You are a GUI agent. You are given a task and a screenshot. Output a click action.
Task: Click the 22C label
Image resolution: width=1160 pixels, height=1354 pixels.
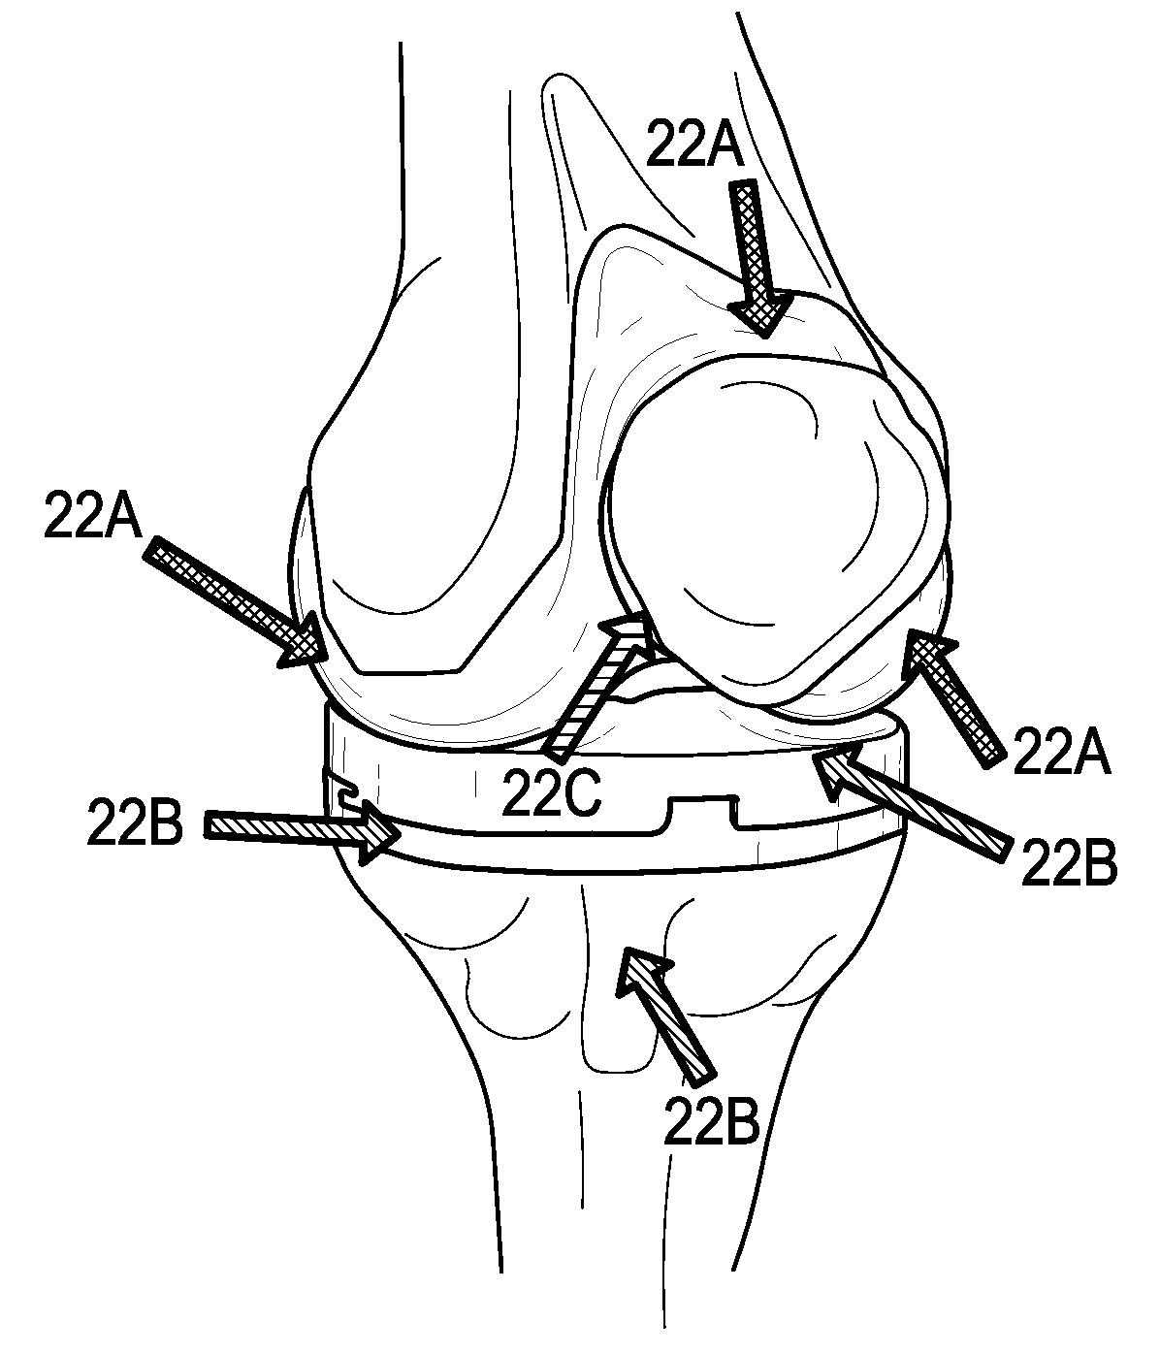point(552,791)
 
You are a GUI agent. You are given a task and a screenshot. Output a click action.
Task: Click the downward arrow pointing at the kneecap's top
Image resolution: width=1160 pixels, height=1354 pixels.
point(757,257)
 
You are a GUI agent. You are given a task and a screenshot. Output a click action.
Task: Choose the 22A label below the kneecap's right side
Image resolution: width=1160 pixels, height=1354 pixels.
point(1060,752)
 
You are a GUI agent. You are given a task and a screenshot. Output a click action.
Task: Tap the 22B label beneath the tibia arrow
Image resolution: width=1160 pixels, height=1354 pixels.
point(710,1122)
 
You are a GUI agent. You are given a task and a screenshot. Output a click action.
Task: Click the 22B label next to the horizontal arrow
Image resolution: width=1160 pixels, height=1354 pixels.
point(135,823)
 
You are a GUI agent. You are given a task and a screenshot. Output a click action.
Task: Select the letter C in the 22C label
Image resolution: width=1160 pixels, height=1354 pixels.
point(583,791)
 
